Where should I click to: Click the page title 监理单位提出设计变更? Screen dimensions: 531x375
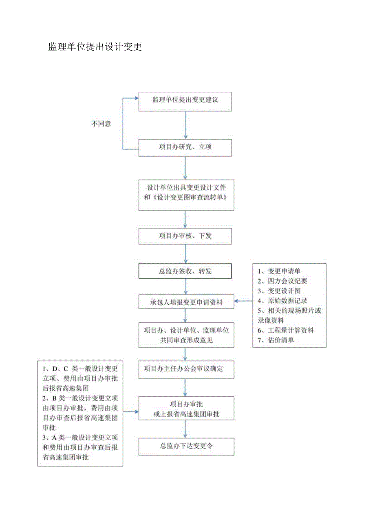pyautogui.click(x=95, y=47)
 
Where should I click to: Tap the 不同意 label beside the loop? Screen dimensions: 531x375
pyautogui.click(x=101, y=124)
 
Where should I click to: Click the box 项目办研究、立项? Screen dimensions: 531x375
pyautogui.click(x=185, y=147)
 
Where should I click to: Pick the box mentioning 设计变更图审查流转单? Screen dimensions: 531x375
pyautogui.click(x=186, y=195)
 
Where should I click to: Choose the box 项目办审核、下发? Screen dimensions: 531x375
pyautogui.click(x=185, y=236)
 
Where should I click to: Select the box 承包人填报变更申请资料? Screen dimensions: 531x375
pyautogui.click(x=186, y=302)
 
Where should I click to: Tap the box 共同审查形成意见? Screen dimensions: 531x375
pyautogui.click(x=186, y=335)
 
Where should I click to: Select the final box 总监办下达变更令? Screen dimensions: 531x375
pyautogui.click(x=186, y=447)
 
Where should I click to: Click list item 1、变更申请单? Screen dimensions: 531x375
pyautogui.click(x=280, y=271)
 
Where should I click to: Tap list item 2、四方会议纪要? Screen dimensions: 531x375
pyautogui.click(x=282, y=281)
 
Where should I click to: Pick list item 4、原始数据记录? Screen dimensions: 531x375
pyautogui.click(x=282, y=301)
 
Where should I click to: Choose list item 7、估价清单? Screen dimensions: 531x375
pyautogui.click(x=276, y=340)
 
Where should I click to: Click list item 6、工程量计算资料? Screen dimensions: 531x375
pyautogui.click(x=286, y=330)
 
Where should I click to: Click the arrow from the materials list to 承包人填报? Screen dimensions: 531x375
pyautogui.click(x=243, y=302)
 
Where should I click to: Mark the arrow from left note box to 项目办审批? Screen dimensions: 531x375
pyautogui.click(x=131, y=412)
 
